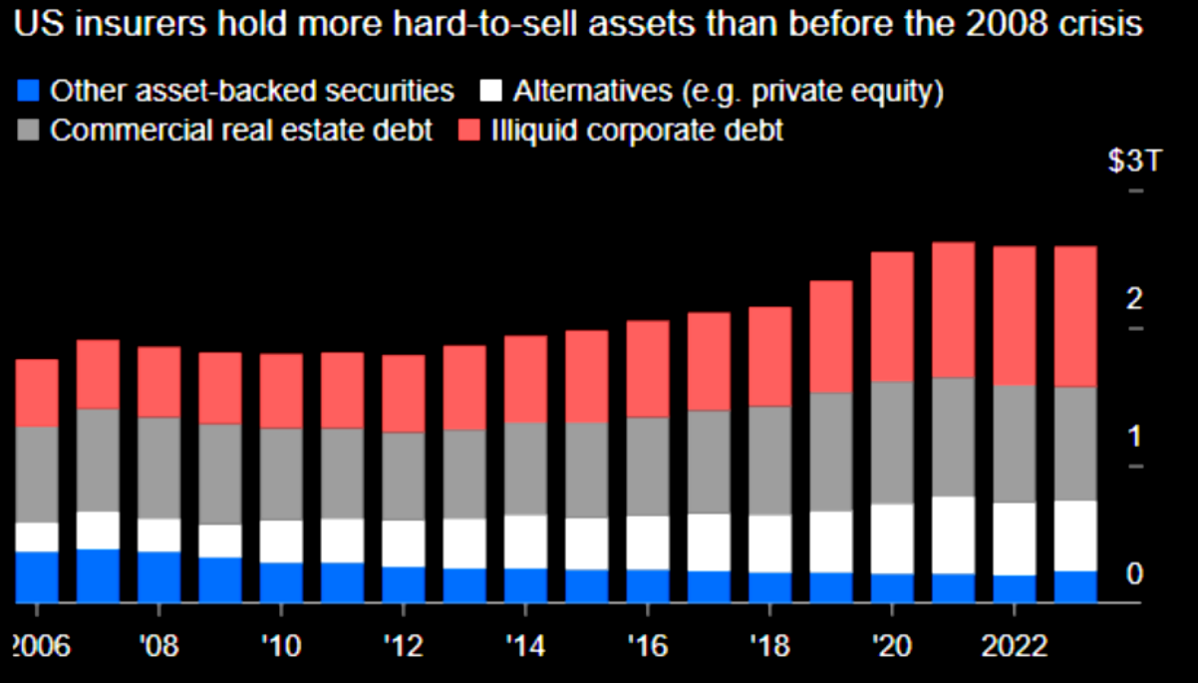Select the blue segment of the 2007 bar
[x=97, y=575]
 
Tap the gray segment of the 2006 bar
[x=36, y=475]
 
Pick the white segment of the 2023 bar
[x=1075, y=535]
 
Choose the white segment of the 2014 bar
[x=525, y=541]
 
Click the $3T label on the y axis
[x=1134, y=162]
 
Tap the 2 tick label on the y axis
[x=1133, y=299]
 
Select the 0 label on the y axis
[x=1133, y=573]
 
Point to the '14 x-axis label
[x=525, y=645]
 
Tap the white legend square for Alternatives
[x=489, y=92]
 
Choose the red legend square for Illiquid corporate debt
[x=467, y=131]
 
